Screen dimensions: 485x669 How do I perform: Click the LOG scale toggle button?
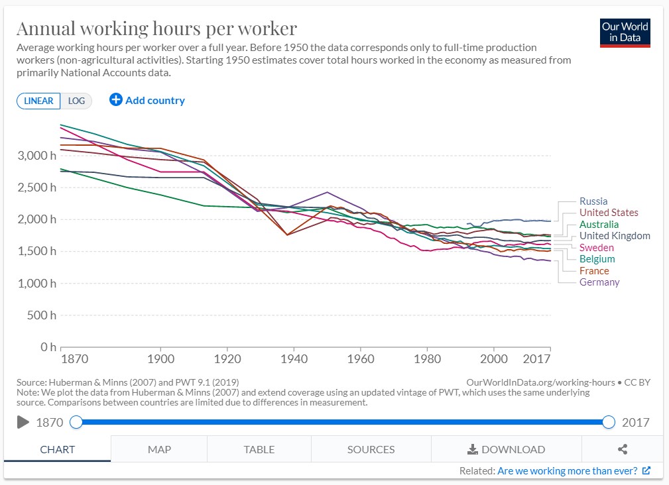(76, 101)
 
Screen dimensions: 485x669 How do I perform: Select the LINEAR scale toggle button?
(38, 101)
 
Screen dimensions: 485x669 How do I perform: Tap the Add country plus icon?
(116, 100)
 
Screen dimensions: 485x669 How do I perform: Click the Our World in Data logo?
(625, 32)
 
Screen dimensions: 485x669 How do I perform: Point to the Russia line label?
(593, 201)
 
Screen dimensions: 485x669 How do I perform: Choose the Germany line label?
(599, 282)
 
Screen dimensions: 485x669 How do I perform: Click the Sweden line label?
(596, 248)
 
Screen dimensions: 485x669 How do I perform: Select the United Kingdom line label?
(614, 236)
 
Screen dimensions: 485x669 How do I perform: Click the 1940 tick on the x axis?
(294, 358)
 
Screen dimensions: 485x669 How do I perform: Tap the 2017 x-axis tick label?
(536, 358)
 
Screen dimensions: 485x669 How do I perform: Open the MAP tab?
(159, 449)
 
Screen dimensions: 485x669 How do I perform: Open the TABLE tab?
(259, 449)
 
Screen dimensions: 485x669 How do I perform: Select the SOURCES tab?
(371, 449)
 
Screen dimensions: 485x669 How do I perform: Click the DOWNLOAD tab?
(506, 449)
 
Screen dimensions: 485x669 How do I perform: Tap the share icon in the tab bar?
(623, 449)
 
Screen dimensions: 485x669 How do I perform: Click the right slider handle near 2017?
(609, 422)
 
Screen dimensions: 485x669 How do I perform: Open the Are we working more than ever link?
(568, 471)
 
